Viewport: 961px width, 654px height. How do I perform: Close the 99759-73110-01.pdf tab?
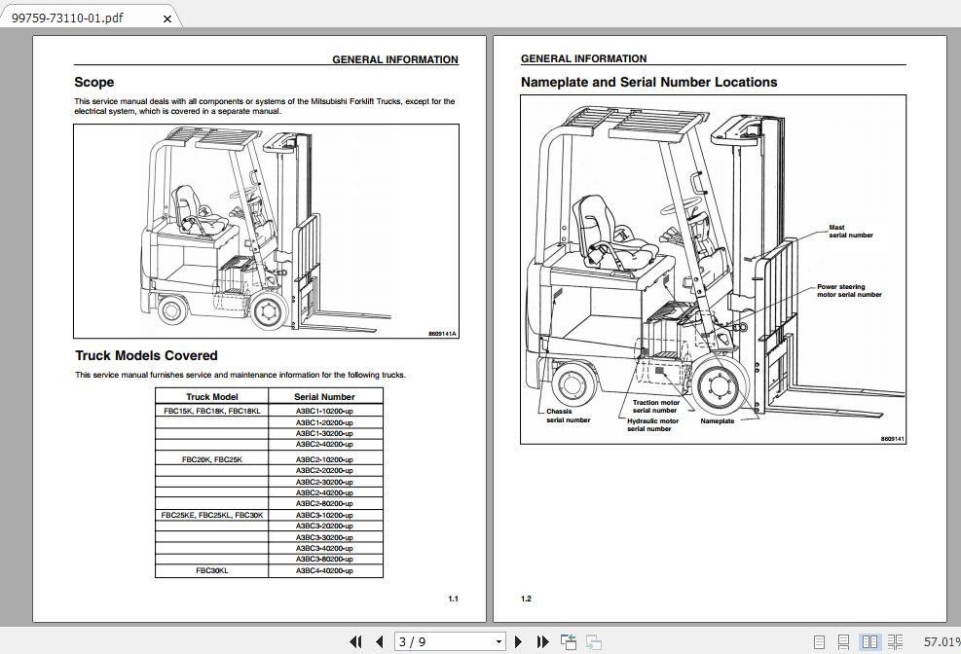[167, 18]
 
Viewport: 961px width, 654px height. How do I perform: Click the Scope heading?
[94, 83]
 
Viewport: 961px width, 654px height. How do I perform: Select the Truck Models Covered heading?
[146, 356]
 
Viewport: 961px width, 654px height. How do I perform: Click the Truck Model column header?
[212, 397]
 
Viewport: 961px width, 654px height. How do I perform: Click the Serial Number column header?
[324, 397]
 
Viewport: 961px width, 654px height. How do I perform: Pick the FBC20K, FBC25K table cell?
[212, 459]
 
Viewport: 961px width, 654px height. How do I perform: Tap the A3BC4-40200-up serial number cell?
[324, 571]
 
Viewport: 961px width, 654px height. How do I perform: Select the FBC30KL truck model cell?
[212, 571]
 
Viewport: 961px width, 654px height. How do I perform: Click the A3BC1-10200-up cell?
[324, 411]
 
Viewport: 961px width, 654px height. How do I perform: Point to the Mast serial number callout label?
[850, 232]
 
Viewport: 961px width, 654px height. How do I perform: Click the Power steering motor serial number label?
[849, 291]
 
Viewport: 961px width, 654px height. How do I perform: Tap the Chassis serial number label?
[567, 416]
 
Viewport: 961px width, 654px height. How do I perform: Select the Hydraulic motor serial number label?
[652, 425]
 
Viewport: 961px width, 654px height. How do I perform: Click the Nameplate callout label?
[717, 421]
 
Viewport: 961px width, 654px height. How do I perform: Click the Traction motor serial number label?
[656, 407]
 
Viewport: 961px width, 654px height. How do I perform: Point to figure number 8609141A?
[442, 334]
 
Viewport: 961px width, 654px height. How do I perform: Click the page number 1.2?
[526, 599]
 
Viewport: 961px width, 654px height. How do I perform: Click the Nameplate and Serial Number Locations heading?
[648, 83]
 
